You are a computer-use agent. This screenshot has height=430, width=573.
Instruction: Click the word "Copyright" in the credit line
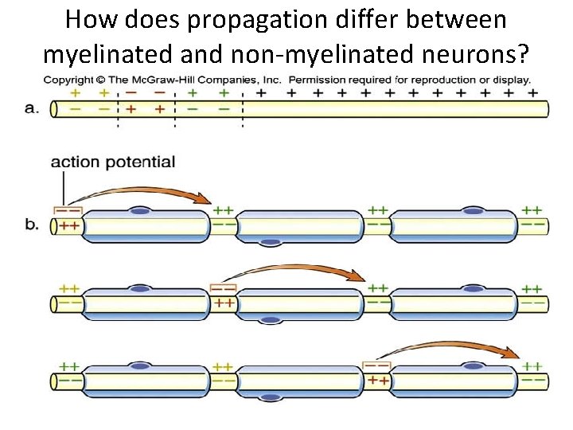[x=68, y=80]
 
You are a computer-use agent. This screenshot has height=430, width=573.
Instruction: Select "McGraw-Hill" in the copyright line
[x=169, y=80]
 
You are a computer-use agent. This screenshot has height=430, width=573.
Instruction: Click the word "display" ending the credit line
[x=509, y=80]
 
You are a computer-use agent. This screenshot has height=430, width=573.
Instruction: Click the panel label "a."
[x=33, y=109]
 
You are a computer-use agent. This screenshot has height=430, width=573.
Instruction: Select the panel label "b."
[x=33, y=226]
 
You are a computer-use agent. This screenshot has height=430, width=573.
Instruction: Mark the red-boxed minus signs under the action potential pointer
[x=68, y=210]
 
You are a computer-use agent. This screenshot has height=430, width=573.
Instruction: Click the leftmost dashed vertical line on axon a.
[x=119, y=109]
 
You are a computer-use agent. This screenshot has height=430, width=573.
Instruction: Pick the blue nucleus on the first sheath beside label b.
[x=141, y=211]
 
